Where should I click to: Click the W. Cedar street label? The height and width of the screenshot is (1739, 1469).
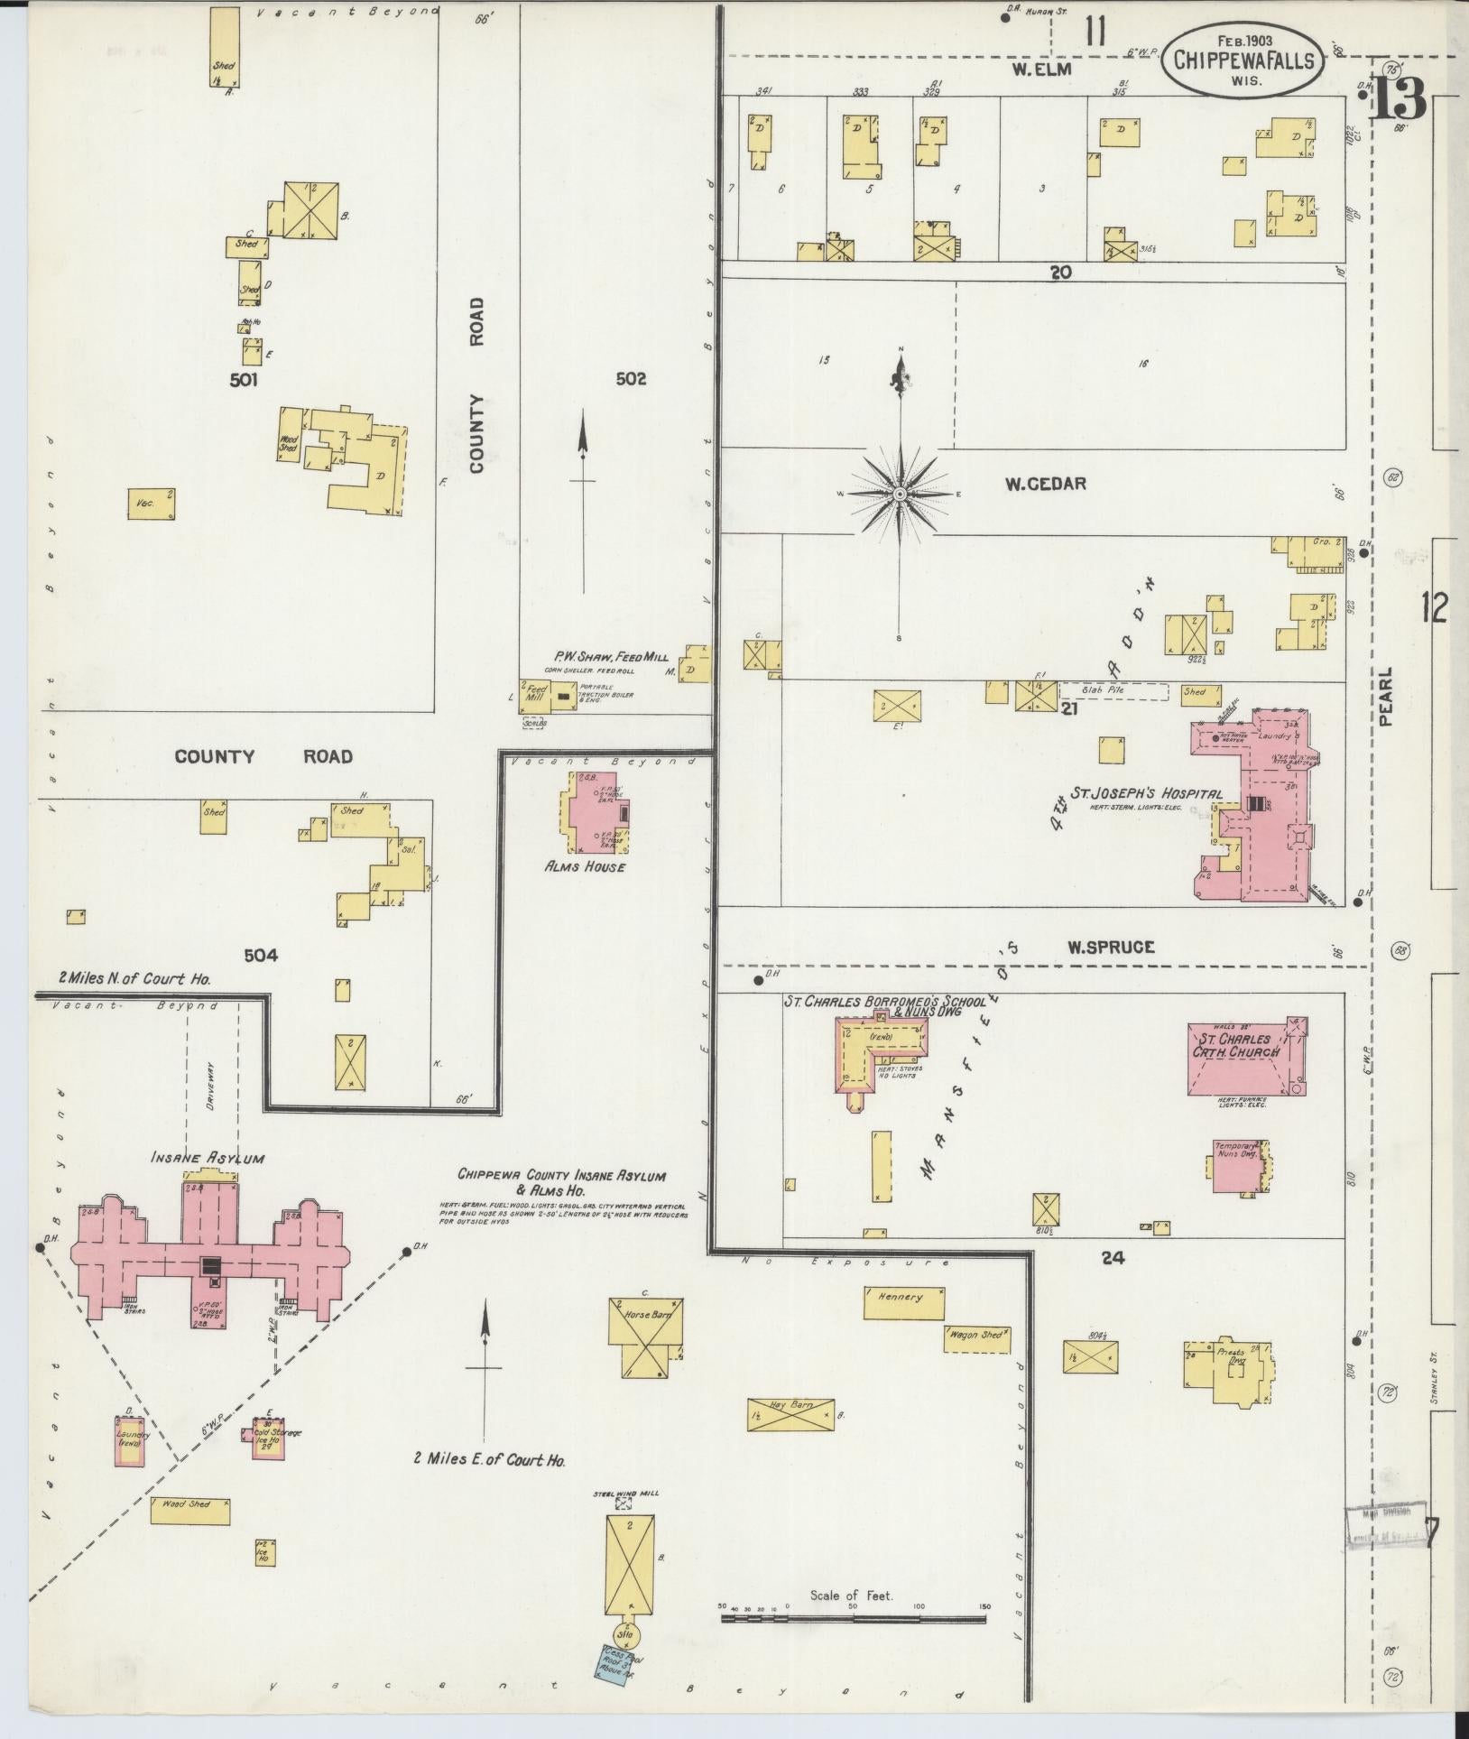click(1046, 484)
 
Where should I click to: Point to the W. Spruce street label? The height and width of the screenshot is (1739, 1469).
click(1098, 947)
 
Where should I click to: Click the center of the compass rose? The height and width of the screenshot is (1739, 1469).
click(900, 495)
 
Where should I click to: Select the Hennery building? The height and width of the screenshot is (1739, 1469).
click(903, 1303)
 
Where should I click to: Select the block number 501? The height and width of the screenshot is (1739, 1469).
click(243, 380)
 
